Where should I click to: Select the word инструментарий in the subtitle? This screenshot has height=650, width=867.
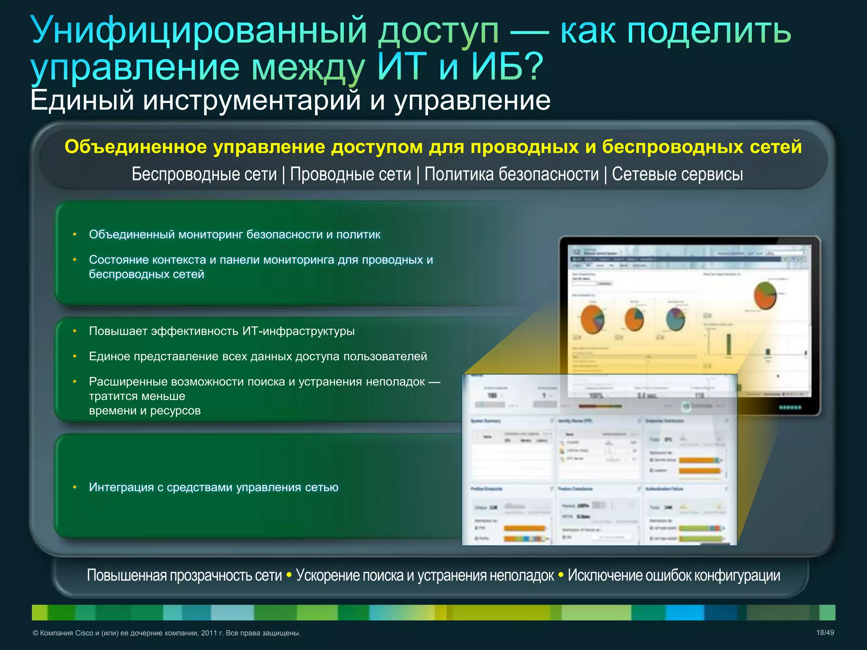(x=252, y=101)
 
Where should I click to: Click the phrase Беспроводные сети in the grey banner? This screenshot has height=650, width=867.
(x=204, y=174)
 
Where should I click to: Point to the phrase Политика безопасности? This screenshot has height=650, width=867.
(x=511, y=174)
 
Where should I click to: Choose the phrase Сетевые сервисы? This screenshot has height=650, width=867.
(x=677, y=174)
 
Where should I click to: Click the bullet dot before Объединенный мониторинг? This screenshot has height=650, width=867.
(x=75, y=234)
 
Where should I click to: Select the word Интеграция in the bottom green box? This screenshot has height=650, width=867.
(x=121, y=487)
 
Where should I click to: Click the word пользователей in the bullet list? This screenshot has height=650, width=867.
(x=385, y=356)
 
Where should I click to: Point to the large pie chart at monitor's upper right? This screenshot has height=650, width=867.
(x=765, y=295)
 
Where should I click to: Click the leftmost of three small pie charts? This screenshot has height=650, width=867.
(x=592, y=319)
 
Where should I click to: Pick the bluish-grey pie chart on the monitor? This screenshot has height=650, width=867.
(x=675, y=319)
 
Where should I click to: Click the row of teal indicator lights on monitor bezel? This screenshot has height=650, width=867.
(x=790, y=408)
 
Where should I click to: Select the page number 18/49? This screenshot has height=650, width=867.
(x=825, y=633)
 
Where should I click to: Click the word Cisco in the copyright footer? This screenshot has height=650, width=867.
(x=84, y=633)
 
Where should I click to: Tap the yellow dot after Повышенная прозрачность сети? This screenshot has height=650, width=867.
(x=289, y=575)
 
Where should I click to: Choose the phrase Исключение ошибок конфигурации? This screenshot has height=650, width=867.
(x=674, y=576)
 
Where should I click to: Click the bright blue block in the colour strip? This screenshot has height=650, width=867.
(x=685, y=612)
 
